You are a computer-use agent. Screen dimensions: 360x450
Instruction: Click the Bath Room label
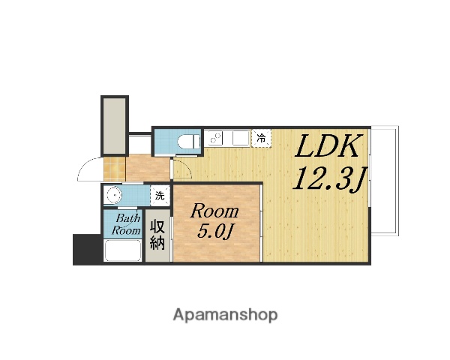(x=125, y=225)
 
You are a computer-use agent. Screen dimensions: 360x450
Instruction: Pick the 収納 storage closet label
(x=158, y=234)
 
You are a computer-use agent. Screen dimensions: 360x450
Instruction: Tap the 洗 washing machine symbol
(x=159, y=196)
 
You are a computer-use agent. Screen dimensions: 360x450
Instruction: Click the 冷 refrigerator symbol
(x=261, y=138)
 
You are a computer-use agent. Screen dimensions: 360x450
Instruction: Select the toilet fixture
(x=187, y=141)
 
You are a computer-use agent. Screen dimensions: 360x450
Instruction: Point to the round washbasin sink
(x=114, y=196)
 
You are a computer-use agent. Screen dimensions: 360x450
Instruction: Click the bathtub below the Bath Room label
(x=124, y=253)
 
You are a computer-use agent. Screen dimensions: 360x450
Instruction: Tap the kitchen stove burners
(x=217, y=139)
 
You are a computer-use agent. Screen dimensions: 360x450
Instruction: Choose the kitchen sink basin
(x=239, y=138)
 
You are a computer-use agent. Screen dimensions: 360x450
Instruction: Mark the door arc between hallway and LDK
(x=180, y=166)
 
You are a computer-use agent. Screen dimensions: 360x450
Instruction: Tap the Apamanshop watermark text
(x=225, y=313)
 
